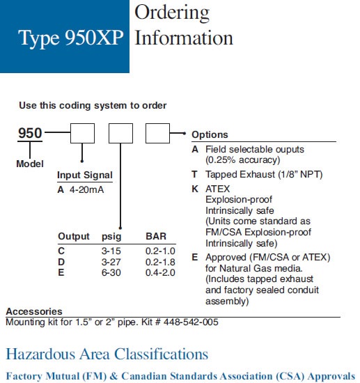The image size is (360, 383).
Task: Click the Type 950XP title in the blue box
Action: (x=71, y=38)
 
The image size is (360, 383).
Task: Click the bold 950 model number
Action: (x=30, y=133)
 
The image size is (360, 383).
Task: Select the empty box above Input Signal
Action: (x=82, y=134)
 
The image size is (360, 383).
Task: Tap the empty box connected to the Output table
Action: (x=120, y=134)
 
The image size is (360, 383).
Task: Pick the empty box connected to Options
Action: (x=157, y=134)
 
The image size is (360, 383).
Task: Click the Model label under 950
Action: (x=30, y=164)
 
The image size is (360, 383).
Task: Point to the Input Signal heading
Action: (x=85, y=175)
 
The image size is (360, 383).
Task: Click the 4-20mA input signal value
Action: (x=87, y=189)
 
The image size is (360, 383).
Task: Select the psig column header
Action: (x=111, y=237)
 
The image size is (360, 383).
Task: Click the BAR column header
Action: (x=156, y=236)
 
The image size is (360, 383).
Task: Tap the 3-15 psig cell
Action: (x=111, y=251)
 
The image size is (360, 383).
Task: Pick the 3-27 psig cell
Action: (x=111, y=262)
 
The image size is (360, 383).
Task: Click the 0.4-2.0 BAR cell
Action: (x=160, y=272)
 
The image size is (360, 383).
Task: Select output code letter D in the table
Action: (x=61, y=262)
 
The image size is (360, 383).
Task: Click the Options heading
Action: (x=210, y=135)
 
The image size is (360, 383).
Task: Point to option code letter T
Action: (x=194, y=174)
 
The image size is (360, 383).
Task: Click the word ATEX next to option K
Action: (x=218, y=189)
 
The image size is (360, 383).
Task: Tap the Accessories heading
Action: (x=34, y=311)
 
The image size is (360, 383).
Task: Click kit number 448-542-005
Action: (x=191, y=322)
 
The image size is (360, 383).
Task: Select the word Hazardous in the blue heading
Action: (x=40, y=354)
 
